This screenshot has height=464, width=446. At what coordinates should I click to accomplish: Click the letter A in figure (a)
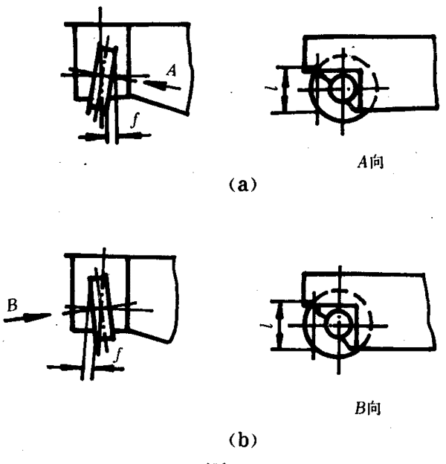tap(172, 71)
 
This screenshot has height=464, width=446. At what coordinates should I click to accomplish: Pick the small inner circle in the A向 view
tap(343, 88)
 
